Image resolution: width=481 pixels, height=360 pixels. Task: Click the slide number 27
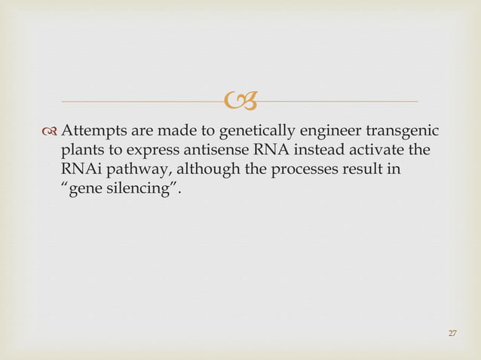tap(452, 334)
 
